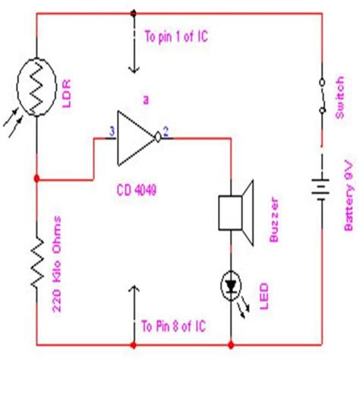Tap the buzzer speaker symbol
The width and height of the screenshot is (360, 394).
(235, 203)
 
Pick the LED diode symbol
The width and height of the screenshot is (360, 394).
(229, 285)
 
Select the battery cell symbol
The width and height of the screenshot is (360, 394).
(321, 184)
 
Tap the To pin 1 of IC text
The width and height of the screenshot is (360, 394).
(177, 36)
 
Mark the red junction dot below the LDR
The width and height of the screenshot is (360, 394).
(36, 180)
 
